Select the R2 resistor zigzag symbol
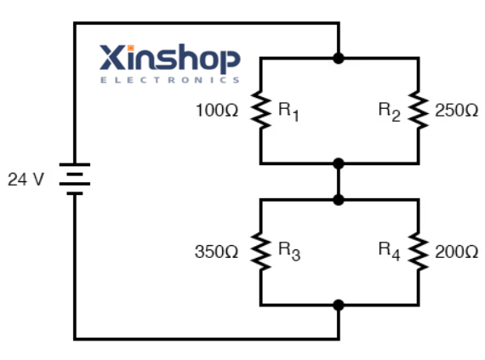point(418,111)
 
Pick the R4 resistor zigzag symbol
point(418,252)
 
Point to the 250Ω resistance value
point(456,111)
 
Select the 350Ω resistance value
point(216,252)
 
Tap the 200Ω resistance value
point(456,252)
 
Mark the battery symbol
point(75,179)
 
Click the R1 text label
point(288,111)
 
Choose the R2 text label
point(390,111)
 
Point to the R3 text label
point(288,252)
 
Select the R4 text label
point(390,251)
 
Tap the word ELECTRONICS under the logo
point(170,80)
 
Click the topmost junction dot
point(339,58)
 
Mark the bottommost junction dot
point(339,305)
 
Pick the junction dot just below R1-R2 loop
point(339,163)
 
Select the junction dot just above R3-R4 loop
point(339,199)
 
